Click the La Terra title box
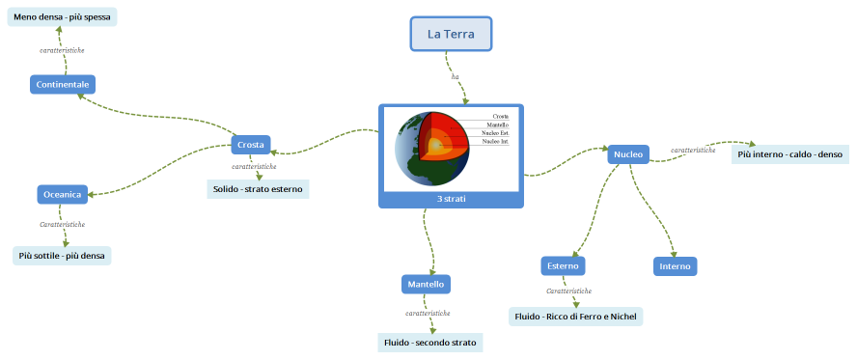click(451, 34)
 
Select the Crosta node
click(250, 145)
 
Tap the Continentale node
click(62, 85)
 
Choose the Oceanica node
click(63, 194)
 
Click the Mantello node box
click(426, 285)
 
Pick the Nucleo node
click(628, 152)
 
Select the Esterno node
click(563, 265)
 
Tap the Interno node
click(675, 265)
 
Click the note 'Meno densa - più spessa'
click(62, 17)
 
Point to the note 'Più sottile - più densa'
click(60, 256)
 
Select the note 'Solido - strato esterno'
click(258, 189)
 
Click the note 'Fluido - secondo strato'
click(429, 343)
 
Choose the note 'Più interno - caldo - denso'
click(790, 154)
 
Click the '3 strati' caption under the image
click(451, 199)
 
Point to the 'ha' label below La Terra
click(455, 76)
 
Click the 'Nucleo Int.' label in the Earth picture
click(495, 141)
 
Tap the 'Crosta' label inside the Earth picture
click(500, 116)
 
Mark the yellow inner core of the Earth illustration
click(437, 147)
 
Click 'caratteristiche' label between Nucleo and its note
click(693, 150)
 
